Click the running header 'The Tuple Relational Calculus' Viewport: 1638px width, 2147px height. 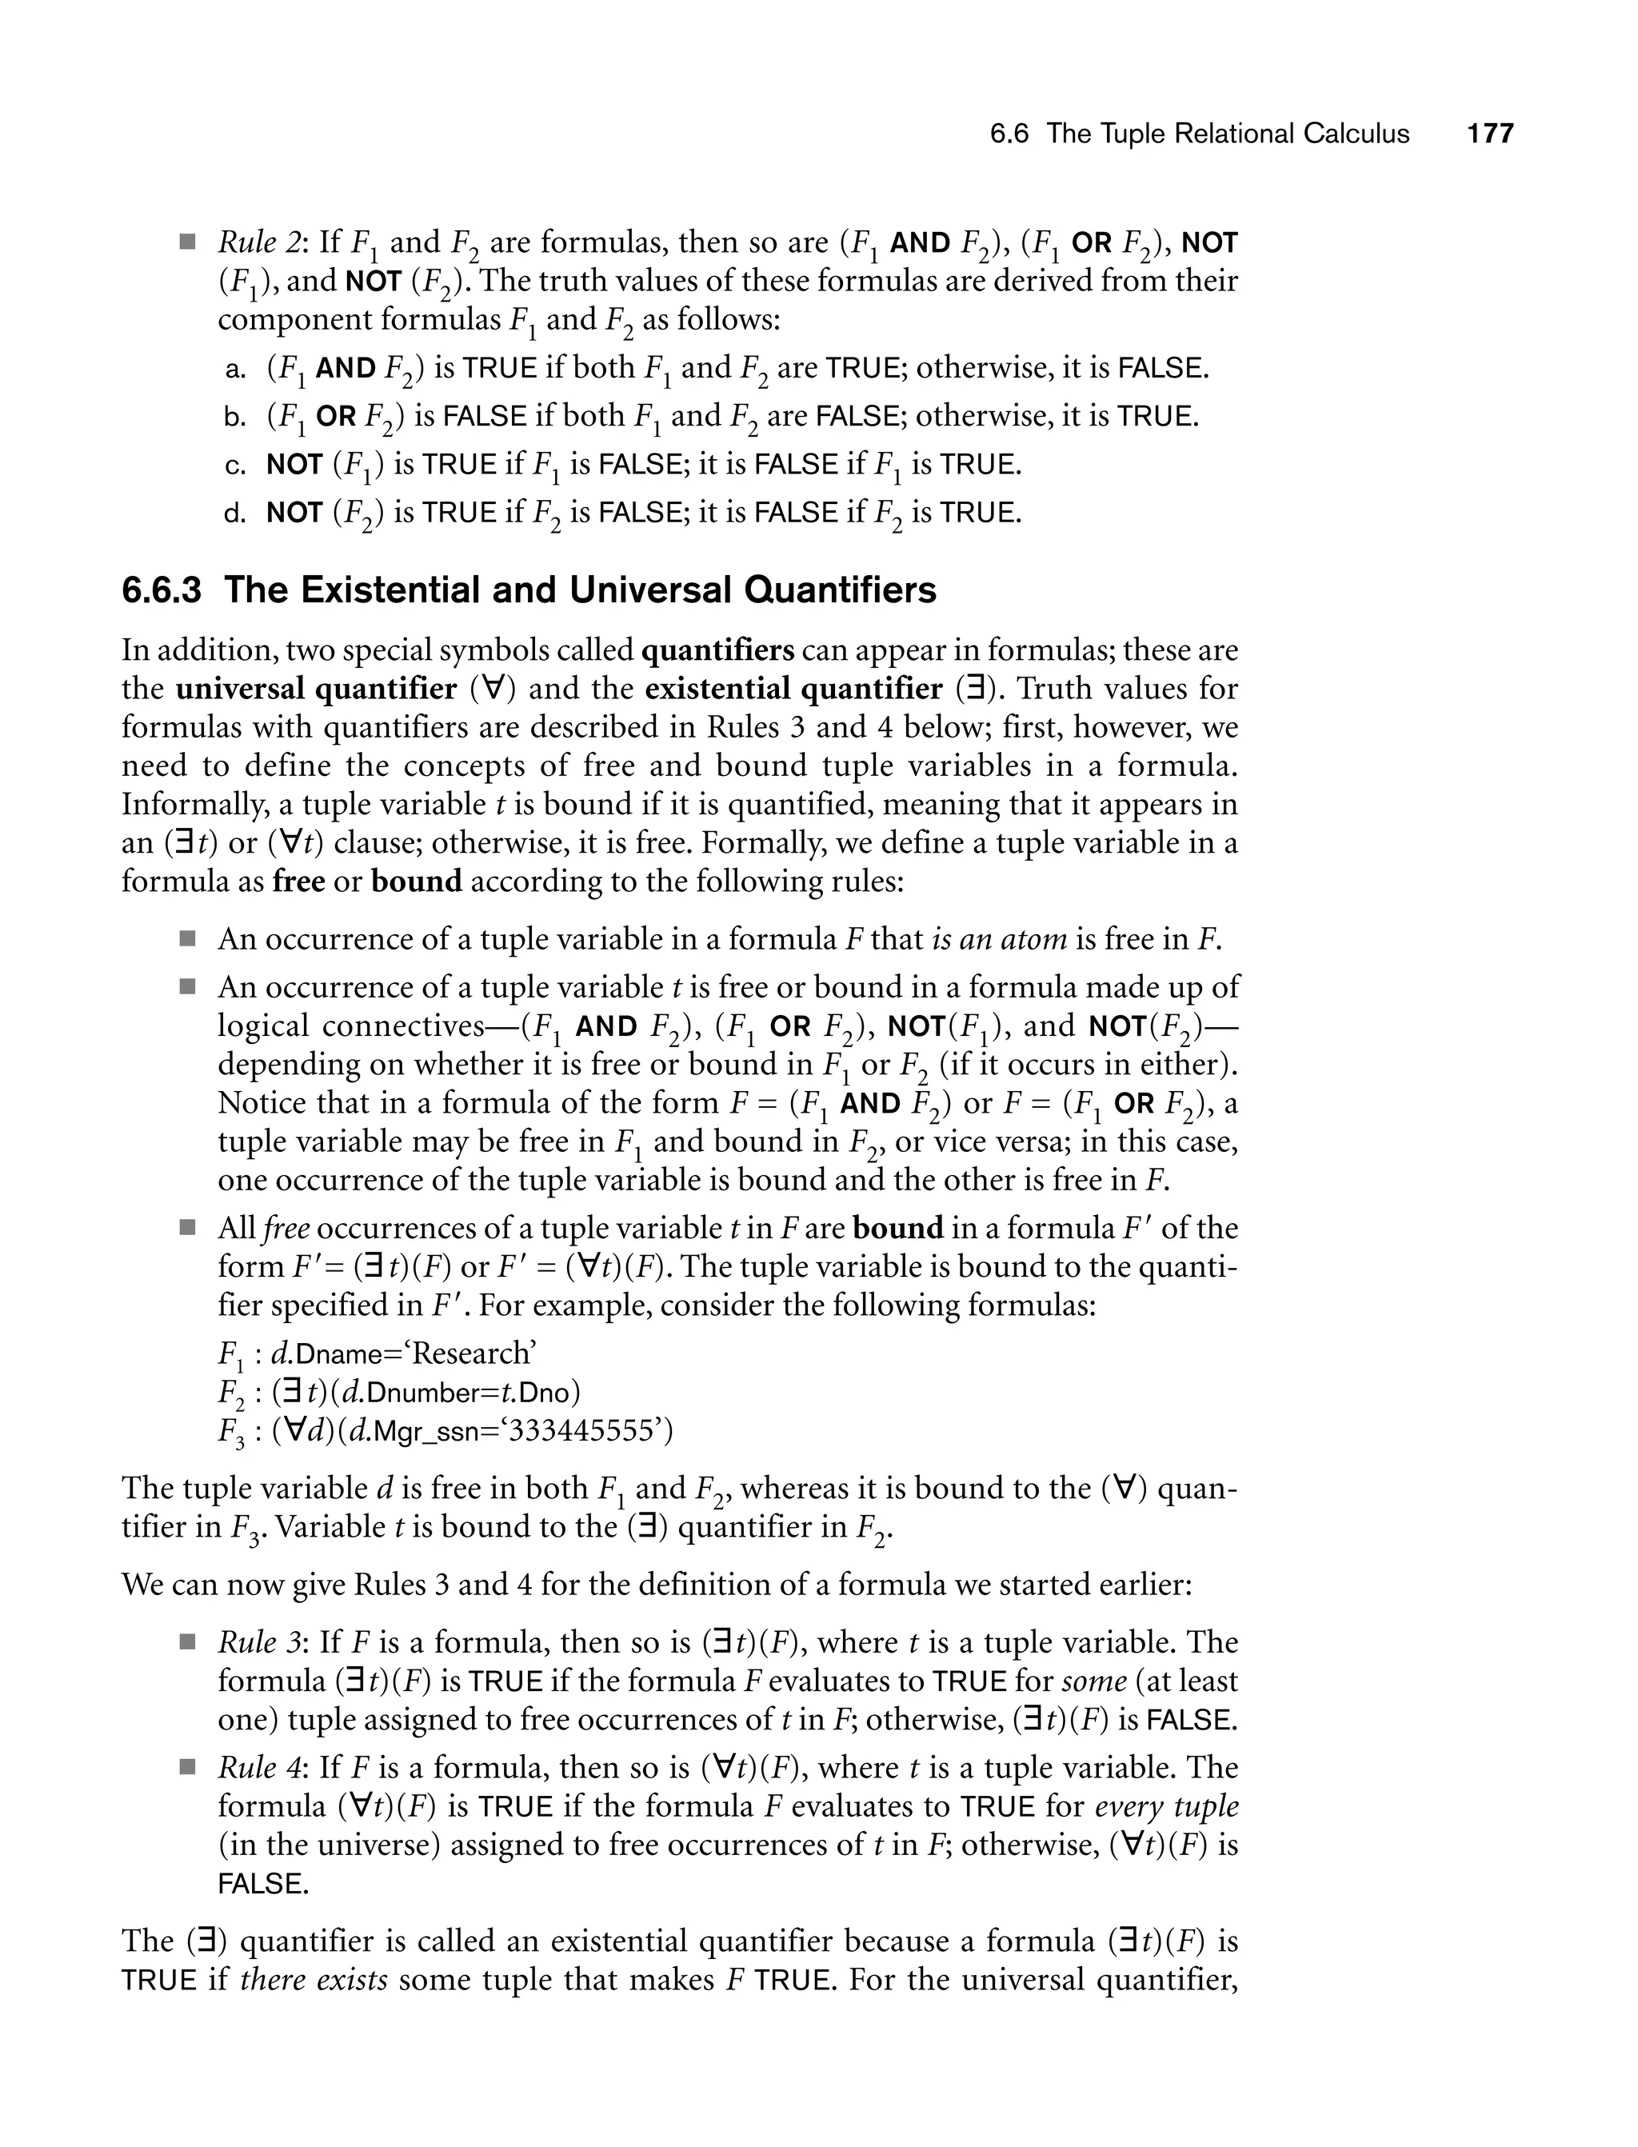(1228, 134)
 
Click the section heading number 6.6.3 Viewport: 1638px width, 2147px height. (162, 591)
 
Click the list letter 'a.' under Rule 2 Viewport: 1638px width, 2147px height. (235, 370)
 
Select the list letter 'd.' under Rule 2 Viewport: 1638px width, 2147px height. (235, 514)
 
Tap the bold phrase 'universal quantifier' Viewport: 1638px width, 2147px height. (316, 690)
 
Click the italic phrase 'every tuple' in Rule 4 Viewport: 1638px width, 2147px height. (1166, 1807)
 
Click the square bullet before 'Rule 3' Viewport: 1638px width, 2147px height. (187, 1644)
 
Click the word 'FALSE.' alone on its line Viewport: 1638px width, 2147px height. (262, 1885)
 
